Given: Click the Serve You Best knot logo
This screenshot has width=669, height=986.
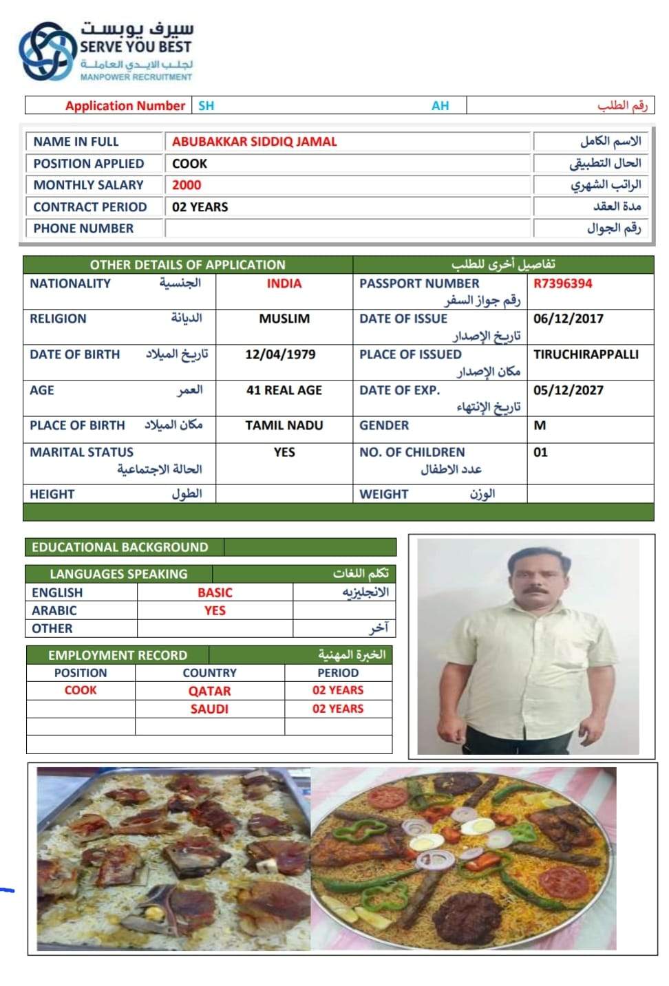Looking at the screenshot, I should (46, 52).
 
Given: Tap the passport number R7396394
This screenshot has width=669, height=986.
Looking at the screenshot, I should (562, 283).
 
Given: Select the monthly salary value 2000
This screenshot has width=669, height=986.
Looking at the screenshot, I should (187, 185).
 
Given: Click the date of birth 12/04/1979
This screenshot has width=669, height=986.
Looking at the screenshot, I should (280, 354).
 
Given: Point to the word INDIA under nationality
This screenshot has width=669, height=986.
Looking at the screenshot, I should (284, 283).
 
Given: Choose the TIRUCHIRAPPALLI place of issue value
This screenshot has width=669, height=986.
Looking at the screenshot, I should (586, 354).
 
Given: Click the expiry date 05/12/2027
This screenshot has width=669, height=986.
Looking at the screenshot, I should (568, 390).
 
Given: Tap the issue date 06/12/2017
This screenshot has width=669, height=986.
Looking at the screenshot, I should (568, 319).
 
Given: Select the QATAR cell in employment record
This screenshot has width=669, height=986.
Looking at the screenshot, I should (209, 691).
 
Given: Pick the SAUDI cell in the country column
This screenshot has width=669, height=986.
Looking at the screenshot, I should (209, 709).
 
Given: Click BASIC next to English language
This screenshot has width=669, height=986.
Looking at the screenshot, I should (215, 592).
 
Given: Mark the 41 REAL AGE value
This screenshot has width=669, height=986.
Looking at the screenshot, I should (284, 390).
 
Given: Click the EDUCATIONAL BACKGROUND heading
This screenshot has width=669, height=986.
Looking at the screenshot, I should (120, 547).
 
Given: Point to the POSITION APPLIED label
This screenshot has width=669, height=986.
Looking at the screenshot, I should (89, 164).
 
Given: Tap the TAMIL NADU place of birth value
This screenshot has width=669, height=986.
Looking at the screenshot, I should (284, 425).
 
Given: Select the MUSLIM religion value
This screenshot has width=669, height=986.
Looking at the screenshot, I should (284, 319).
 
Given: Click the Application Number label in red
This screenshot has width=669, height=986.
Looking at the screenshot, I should (125, 106).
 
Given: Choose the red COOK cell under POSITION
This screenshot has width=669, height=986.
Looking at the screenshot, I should (81, 690).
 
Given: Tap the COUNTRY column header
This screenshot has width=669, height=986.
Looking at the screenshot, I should (209, 673).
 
